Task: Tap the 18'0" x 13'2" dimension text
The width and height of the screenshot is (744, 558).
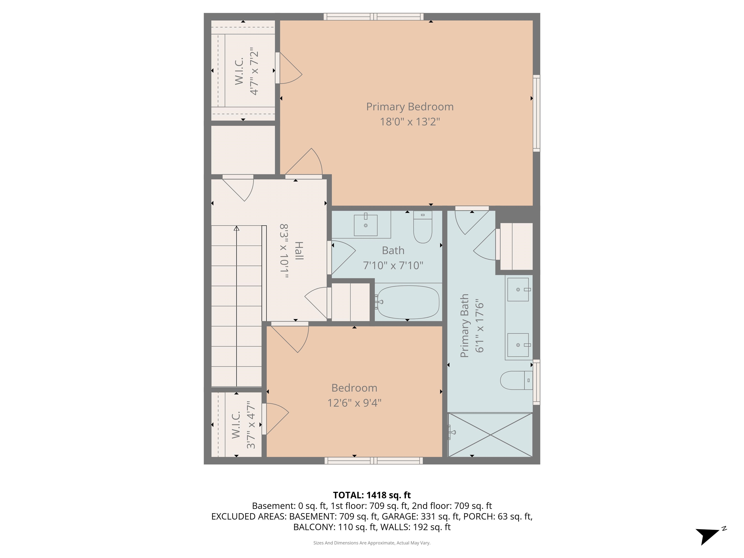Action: (x=410, y=121)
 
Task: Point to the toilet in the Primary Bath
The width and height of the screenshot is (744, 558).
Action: (x=516, y=380)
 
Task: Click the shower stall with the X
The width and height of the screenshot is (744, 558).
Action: (x=490, y=435)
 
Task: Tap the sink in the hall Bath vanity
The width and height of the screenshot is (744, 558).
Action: (x=366, y=225)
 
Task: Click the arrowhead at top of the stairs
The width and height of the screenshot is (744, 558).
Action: (x=236, y=229)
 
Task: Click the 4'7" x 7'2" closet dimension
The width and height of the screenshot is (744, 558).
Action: (x=254, y=71)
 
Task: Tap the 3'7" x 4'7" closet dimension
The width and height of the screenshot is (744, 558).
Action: (x=251, y=425)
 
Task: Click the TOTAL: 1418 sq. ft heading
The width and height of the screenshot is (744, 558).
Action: (x=372, y=495)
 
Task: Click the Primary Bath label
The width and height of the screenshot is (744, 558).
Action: (x=464, y=325)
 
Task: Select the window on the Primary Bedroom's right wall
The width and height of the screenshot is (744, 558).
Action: (x=536, y=113)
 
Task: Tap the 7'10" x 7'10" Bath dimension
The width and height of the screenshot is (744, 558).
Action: (x=393, y=265)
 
